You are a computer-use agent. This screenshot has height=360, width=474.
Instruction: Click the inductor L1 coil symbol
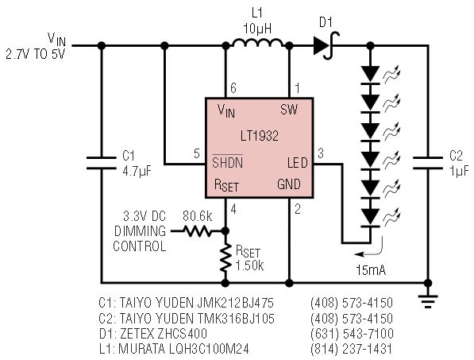tap(257, 43)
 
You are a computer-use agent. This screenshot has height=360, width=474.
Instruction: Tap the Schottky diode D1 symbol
tap(326, 45)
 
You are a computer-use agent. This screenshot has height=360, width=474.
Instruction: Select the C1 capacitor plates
tap(102, 163)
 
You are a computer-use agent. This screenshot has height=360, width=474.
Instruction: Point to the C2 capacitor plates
tap(427, 163)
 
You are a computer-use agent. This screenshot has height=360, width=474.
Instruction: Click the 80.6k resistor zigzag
tap(197, 231)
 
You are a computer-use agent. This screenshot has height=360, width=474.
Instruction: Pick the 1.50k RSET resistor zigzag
tap(225, 258)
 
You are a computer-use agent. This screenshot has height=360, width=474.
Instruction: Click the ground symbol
tap(428, 301)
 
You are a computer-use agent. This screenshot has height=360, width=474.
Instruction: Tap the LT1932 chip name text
tap(260, 136)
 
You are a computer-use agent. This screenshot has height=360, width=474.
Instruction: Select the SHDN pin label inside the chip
tap(227, 162)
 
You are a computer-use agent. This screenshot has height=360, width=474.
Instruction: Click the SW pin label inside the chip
tap(289, 109)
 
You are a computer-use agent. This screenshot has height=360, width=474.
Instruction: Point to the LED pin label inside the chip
tap(297, 163)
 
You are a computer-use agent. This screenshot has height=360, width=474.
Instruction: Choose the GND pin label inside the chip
tap(289, 184)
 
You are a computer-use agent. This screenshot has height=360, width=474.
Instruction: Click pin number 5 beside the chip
tap(197, 153)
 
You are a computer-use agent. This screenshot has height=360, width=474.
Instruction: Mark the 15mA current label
tap(371, 270)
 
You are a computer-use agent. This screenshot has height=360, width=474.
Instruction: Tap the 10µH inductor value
tap(257, 29)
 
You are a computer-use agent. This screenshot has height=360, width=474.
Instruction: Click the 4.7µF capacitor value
tap(137, 172)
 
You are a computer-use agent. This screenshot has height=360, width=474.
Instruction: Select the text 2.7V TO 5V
tap(36, 54)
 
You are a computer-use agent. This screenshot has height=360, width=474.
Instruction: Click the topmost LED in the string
tap(370, 74)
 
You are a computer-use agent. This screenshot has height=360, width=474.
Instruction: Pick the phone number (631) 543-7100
tap(352, 334)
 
